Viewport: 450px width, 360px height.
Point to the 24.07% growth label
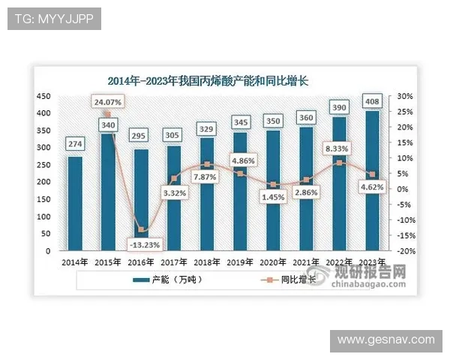(108, 101)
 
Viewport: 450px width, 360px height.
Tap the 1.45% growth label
(273, 196)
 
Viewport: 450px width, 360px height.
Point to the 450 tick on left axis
(44, 97)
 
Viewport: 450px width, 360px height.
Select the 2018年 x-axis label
(206, 262)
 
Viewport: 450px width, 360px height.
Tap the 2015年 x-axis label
(108, 262)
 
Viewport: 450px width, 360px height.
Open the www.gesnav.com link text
(385, 340)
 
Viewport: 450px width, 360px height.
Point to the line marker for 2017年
(173, 178)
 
